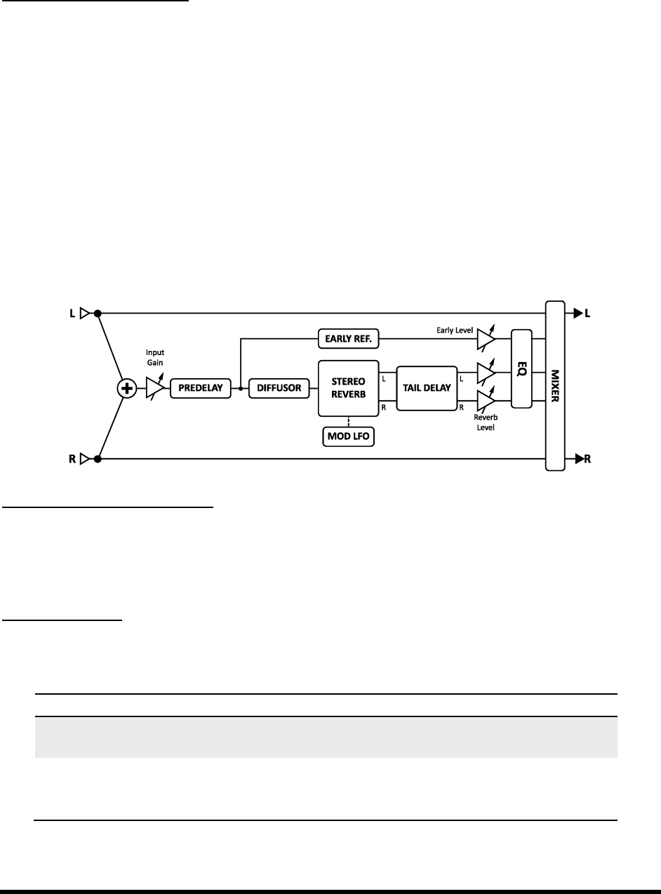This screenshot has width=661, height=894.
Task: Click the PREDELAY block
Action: [200, 387]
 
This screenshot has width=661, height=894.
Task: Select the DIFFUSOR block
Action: [279, 387]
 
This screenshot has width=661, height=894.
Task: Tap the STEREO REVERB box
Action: [349, 387]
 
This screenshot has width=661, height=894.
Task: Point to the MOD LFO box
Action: [349, 437]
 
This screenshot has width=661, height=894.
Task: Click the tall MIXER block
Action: [556, 385]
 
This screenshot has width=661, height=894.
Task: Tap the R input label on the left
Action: [72, 460]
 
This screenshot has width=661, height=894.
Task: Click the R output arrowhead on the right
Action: [578, 460]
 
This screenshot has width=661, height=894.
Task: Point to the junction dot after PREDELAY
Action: [241, 387]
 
